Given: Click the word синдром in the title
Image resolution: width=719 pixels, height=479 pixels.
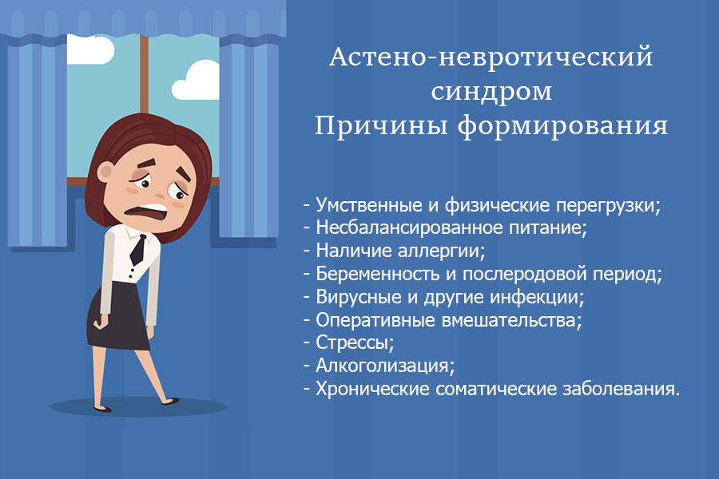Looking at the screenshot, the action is tap(491, 91).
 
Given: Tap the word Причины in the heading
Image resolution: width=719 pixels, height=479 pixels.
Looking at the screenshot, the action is tap(380, 125).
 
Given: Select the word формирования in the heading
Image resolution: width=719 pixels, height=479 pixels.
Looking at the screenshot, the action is tap(562, 126).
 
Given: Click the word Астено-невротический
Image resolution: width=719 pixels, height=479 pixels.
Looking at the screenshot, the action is tap(491, 57).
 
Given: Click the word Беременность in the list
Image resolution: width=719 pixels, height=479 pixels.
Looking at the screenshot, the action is tap(378, 274).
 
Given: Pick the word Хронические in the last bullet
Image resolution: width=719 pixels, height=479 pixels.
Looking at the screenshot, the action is tap(372, 389).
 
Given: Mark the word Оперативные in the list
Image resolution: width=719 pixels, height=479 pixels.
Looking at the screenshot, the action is tap(375, 320).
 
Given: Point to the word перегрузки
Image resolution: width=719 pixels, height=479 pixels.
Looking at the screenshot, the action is tap(608, 205).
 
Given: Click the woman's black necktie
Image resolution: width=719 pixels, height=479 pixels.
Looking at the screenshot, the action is tap(138, 250).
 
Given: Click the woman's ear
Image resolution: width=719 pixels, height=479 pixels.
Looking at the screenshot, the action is tap(105, 172).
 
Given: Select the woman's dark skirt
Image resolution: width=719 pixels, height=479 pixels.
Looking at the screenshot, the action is tap(118, 315).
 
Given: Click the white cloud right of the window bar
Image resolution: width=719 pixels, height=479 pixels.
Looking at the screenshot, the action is tap(196, 81).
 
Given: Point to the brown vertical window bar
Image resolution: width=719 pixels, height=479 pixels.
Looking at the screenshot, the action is tap(144, 74).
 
